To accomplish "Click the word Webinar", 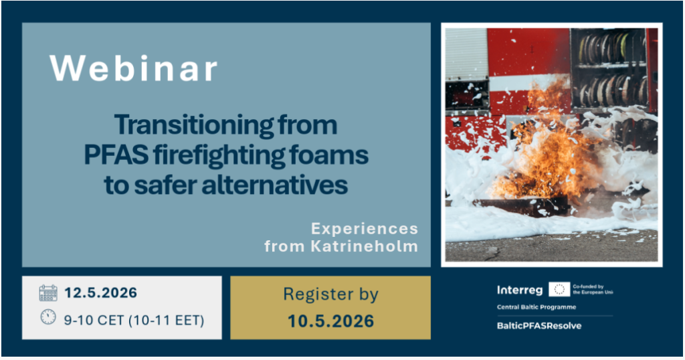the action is (133, 68).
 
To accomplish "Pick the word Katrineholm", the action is (365, 246).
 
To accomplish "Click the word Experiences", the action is (365, 228).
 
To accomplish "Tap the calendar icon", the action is (48, 292).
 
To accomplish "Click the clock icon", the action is (48, 317).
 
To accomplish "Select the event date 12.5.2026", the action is (100, 292).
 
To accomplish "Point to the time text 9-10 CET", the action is (94, 321).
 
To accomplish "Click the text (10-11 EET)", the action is (167, 321).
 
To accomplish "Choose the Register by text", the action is (330, 294).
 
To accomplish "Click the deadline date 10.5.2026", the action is (330, 321).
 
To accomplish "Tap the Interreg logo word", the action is (520, 290).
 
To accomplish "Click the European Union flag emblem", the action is (559, 289).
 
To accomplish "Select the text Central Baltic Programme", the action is (536, 307).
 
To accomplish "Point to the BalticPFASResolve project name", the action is (539, 326).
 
